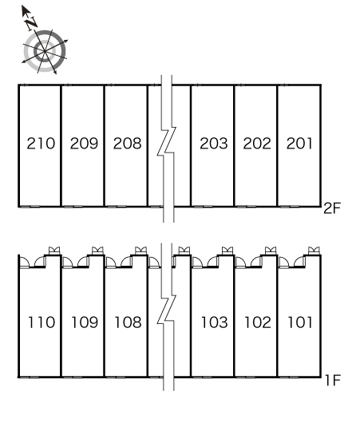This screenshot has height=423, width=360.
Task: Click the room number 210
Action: pyautogui.click(x=41, y=143)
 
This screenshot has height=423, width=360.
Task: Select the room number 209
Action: pyautogui.click(x=84, y=143)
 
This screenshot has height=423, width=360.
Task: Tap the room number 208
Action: pyautogui.click(x=128, y=143)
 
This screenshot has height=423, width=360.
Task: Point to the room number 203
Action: pyautogui.click(x=214, y=143)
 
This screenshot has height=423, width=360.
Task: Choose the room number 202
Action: pyautogui.click(x=257, y=143)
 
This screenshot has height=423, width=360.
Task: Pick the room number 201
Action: pyautogui.click(x=299, y=143)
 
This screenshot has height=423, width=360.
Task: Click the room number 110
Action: pyautogui.click(x=42, y=322)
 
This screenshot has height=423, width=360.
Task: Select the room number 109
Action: pyautogui.click(x=85, y=322)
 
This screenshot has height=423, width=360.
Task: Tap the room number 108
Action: pyautogui.click(x=129, y=322)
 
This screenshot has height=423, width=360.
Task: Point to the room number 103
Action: pyautogui.click(x=215, y=322)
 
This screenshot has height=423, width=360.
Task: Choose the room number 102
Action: pyautogui.click(x=258, y=322)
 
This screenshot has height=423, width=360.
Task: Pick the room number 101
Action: pyautogui.click(x=300, y=322)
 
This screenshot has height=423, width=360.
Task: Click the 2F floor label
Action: pyautogui.click(x=332, y=208)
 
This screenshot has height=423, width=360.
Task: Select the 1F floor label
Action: pyautogui.click(x=333, y=380)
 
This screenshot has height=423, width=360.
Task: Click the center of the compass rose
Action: pyautogui.click(x=45, y=51)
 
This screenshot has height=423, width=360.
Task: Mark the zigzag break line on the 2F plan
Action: pyautogui.click(x=167, y=148)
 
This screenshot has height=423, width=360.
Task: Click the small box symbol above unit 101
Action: pyautogui.click(x=314, y=251)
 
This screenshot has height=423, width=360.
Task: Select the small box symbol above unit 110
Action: pyautogui.click(x=54, y=251)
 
